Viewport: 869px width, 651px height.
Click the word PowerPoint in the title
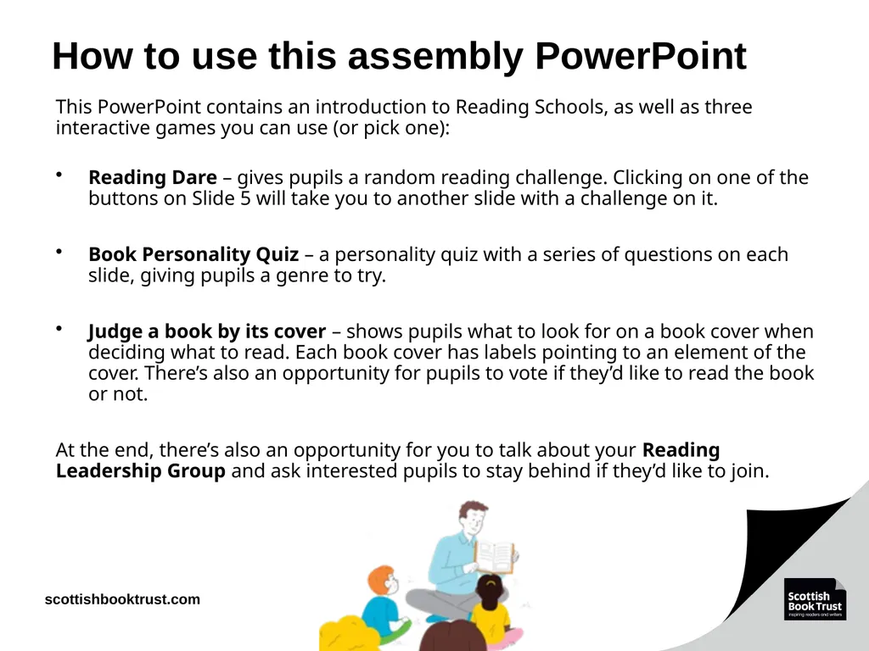tap(641, 56)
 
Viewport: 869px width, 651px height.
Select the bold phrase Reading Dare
tap(153, 177)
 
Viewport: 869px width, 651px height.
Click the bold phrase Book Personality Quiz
tap(193, 254)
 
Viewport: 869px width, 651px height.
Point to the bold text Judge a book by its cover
tap(207, 331)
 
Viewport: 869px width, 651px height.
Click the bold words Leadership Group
tap(141, 471)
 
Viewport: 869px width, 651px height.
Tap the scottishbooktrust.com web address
tap(122, 599)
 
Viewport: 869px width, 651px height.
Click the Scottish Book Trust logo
tap(815, 598)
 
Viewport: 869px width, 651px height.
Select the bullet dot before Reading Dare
tap(59, 175)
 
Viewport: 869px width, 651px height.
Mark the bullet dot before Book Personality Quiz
tap(59, 252)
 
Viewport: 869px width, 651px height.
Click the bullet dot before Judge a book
tap(59, 329)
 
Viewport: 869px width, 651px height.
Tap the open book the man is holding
tap(495, 556)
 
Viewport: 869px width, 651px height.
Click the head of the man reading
tap(472, 518)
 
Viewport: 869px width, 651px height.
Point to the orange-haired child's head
tap(383, 581)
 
